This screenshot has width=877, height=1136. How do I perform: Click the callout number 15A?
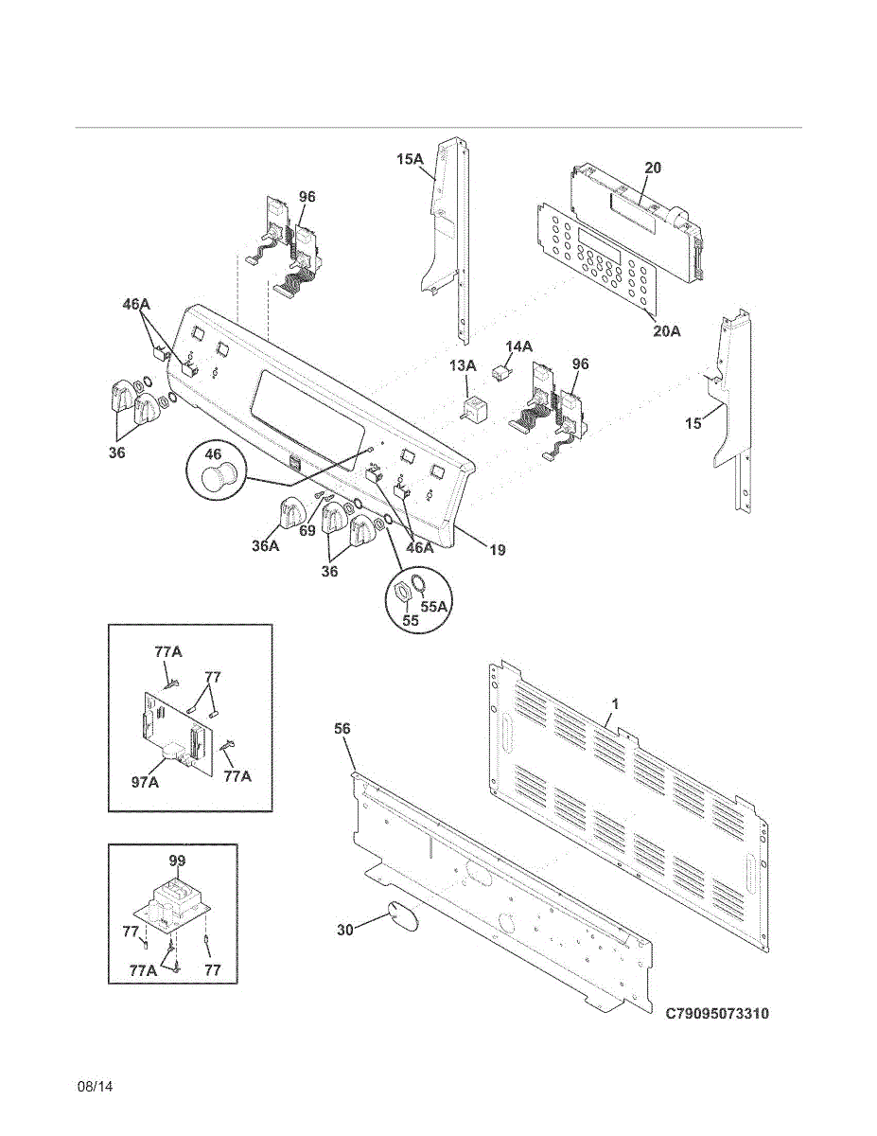(x=410, y=160)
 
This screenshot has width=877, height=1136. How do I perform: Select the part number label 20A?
(x=667, y=330)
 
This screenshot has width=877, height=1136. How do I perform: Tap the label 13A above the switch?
(x=463, y=365)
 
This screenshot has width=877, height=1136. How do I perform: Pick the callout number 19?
(x=496, y=549)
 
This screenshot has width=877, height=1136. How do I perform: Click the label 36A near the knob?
(x=266, y=545)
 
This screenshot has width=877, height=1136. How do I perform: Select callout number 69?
(x=307, y=531)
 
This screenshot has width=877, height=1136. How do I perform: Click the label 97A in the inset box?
(x=145, y=782)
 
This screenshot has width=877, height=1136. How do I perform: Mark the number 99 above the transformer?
(x=177, y=861)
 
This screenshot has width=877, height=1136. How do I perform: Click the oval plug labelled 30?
(x=403, y=919)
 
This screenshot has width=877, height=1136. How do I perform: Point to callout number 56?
(x=342, y=728)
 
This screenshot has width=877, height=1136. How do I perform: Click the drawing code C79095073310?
(x=716, y=1014)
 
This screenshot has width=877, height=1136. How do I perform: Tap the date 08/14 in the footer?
(x=95, y=1086)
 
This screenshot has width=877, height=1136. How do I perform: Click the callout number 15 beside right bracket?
(x=693, y=423)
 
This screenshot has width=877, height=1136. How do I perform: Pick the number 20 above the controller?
(x=653, y=168)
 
